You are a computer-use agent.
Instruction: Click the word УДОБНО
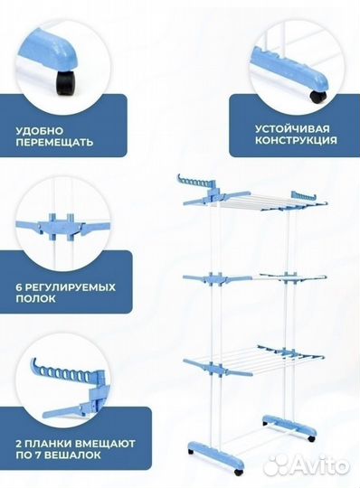[x=37, y=129]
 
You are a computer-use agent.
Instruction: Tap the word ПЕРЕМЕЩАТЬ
[x=54, y=143]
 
